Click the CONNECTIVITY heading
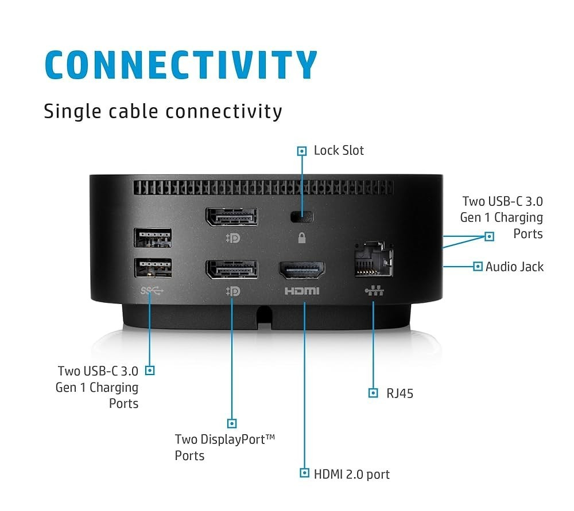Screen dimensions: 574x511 (181, 65)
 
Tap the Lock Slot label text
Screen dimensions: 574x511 (339, 150)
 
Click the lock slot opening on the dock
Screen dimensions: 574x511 (302, 217)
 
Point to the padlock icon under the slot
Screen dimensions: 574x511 (302, 238)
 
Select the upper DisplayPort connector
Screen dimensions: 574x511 (232, 217)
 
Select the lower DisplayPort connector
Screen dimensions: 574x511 (232, 270)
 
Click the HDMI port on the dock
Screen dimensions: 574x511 (302, 270)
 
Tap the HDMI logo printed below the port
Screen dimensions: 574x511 (302, 291)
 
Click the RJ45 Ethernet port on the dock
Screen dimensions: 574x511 (374, 259)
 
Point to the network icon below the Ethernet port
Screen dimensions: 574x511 (374, 290)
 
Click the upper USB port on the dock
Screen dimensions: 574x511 (153, 238)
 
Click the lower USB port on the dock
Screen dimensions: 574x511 (153, 268)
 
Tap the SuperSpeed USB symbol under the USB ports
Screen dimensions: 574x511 (152, 291)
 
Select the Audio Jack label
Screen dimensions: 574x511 (514, 267)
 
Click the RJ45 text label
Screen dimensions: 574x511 (400, 393)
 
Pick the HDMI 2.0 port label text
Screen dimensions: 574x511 (352, 474)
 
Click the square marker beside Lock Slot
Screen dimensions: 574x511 (302, 151)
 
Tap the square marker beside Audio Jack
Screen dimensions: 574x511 (478, 266)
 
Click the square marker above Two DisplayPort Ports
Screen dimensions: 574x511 (232, 424)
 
